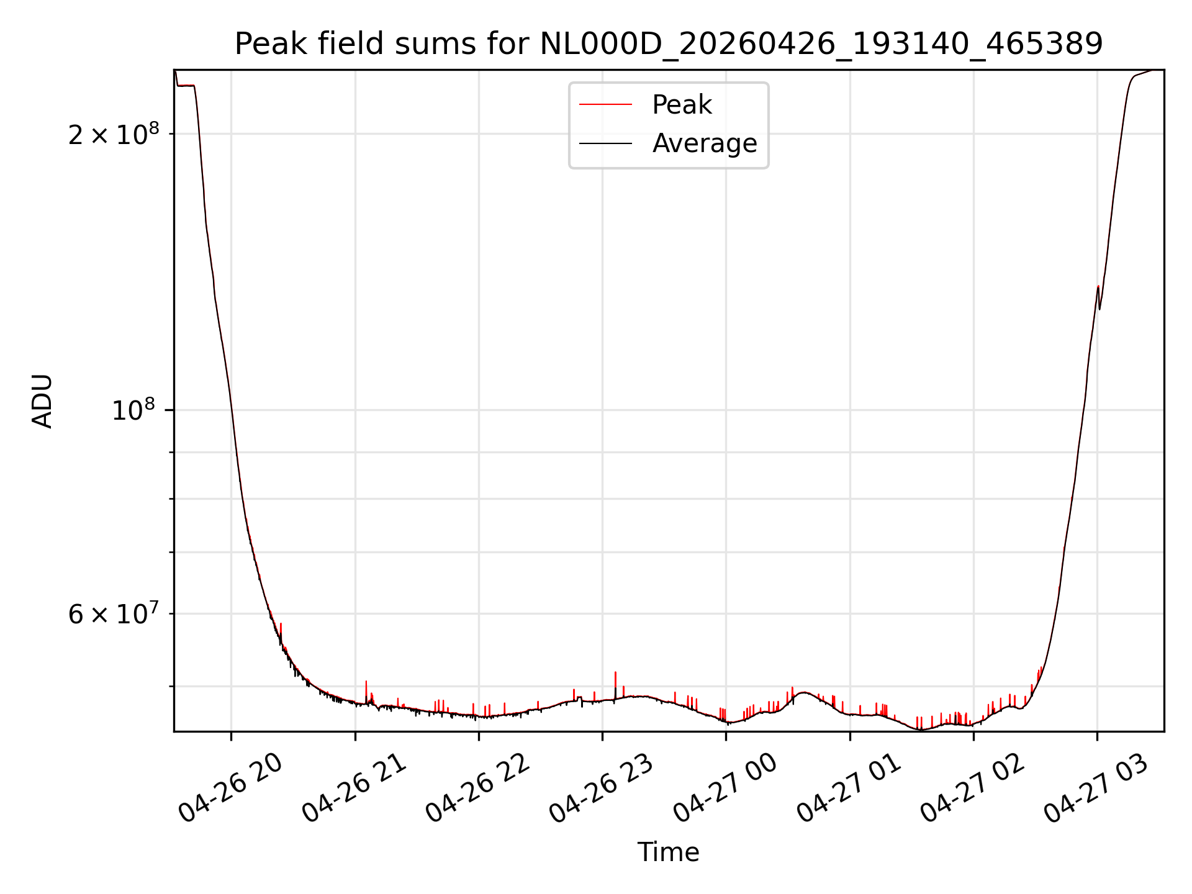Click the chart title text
click(x=669, y=44)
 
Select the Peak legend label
click(x=682, y=105)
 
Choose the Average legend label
click(x=705, y=143)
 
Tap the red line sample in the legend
click(x=605, y=105)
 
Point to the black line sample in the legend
click(x=605, y=143)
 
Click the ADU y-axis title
click(x=42, y=401)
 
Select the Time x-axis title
click(x=669, y=852)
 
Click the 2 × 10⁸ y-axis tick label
click(x=114, y=133)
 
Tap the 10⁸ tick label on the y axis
click(x=135, y=410)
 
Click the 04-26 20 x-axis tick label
click(x=230, y=788)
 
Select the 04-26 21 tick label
click(x=354, y=788)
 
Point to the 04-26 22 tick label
click(x=477, y=788)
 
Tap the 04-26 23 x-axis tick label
click(x=601, y=788)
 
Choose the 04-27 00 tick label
click(x=725, y=788)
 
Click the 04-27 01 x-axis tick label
click(x=848, y=788)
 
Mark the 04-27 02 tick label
click(x=972, y=788)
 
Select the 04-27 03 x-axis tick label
click(x=1095, y=788)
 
